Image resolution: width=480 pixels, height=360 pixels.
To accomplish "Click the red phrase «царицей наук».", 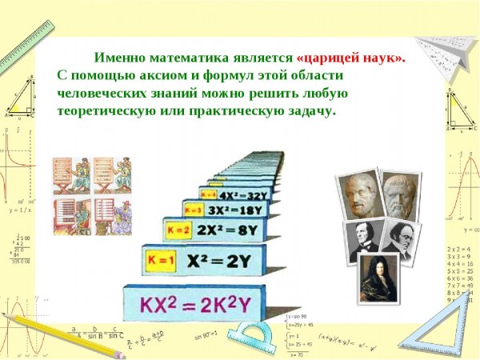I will point(350,58).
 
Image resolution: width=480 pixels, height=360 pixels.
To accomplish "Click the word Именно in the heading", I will point(118,58).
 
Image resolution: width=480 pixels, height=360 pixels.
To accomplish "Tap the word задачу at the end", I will point(308,110).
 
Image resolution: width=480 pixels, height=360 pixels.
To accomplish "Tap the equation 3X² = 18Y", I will point(233,210).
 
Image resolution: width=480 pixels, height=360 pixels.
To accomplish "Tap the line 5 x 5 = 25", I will point(460,270).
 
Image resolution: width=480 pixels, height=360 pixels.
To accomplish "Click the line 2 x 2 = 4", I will point(460,249).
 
